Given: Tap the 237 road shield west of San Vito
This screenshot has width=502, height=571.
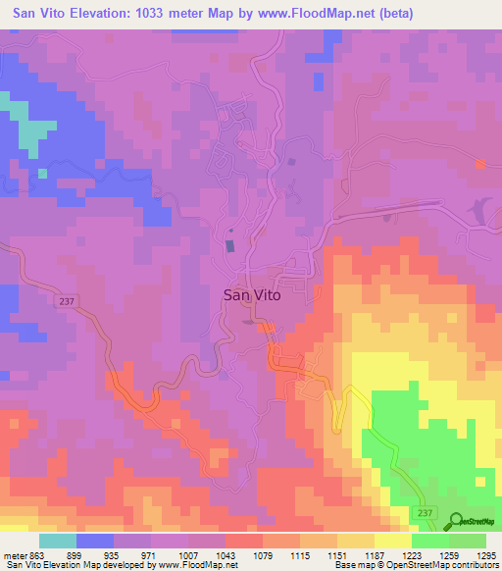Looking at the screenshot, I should [67, 301].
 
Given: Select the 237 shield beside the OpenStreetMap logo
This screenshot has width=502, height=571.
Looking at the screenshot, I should [424, 512].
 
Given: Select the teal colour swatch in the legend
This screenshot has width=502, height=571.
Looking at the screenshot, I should [58, 541].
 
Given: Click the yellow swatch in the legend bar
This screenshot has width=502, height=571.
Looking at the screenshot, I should [393, 541].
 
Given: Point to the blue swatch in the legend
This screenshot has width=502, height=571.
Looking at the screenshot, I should [95, 541].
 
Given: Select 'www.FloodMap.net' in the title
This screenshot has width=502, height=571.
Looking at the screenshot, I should [311, 13].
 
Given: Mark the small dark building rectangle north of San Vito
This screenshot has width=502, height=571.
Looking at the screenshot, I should [230, 245].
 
